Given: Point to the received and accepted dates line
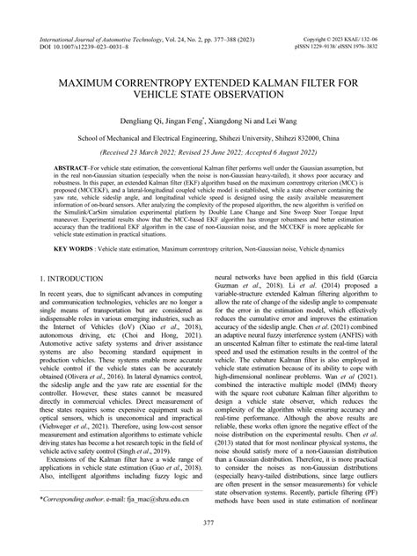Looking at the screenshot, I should [x=208, y=152].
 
